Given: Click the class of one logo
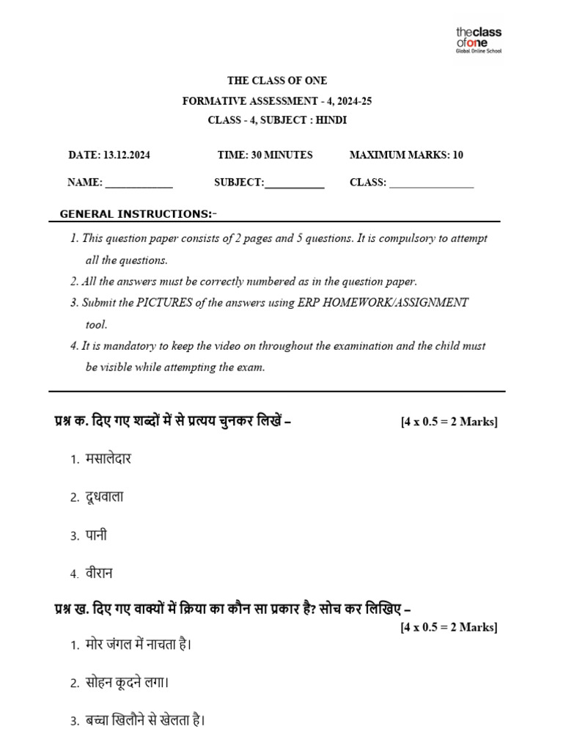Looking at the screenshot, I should tap(479, 40).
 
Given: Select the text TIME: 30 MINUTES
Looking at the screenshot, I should tap(265, 155).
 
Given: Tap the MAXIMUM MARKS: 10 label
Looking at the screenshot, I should tap(406, 155).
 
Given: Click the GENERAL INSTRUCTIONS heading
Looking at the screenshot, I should tap(139, 214).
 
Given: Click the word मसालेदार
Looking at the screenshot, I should tap(108, 459).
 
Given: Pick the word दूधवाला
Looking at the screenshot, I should tap(105, 497).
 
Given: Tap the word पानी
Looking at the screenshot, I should tap(96, 535).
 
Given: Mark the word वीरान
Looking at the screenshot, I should tap(99, 573).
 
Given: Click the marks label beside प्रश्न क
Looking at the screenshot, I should tap(449, 422).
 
